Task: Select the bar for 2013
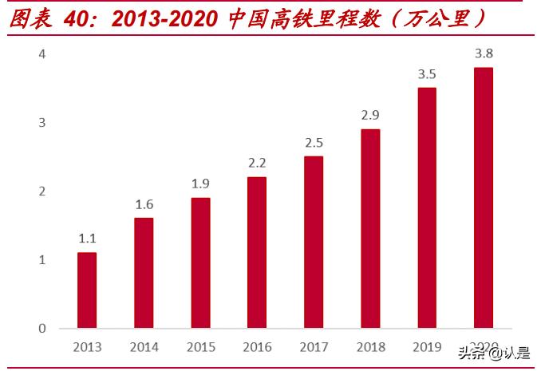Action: tap(87, 290)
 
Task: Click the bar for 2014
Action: tap(144, 273)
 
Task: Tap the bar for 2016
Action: tap(257, 252)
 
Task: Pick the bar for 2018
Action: tap(370, 228)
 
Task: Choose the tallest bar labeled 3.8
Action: tap(484, 198)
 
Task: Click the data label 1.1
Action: tap(87, 238)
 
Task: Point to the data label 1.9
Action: tap(200, 184)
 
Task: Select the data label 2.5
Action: tap(314, 143)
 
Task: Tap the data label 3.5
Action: tap(427, 74)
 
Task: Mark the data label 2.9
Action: tap(370, 115)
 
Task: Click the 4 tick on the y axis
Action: tap(42, 54)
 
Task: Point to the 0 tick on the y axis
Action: tap(42, 328)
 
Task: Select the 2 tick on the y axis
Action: tap(42, 191)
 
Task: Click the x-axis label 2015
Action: tap(200, 347)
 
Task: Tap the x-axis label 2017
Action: tap(314, 347)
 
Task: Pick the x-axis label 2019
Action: tap(427, 347)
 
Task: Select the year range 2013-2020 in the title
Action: tap(164, 19)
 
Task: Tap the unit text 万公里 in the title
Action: tap(448, 19)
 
